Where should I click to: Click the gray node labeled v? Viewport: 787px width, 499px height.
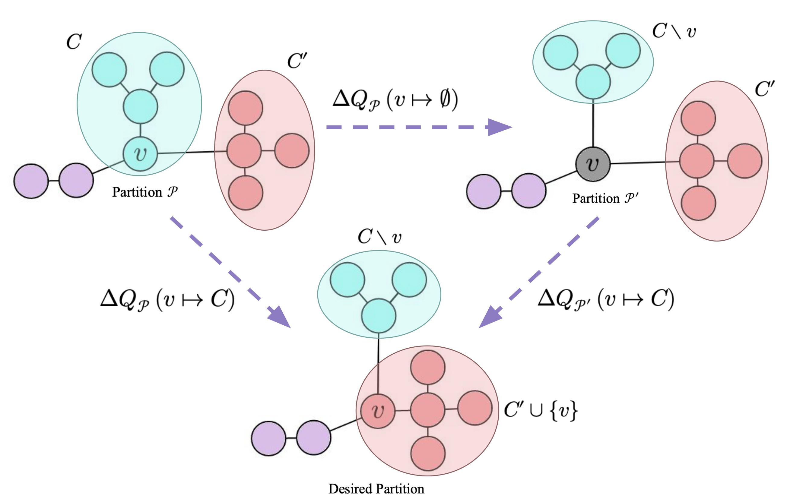coord(592,164)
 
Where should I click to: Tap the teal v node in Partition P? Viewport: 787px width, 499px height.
coord(140,153)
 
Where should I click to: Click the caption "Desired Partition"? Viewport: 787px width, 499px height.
coord(376,489)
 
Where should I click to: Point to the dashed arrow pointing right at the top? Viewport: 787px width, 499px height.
coord(418,127)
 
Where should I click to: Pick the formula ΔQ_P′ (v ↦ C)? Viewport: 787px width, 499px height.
coord(606,299)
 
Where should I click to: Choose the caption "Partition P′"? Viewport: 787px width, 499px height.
coord(605,198)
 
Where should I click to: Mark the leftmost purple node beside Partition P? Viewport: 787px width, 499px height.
coord(31,181)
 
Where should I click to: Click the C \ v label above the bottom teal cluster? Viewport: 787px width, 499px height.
coord(379,237)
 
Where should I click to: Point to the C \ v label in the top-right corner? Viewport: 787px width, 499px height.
coord(674,32)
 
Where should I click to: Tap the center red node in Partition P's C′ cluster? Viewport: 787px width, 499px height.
coord(244,151)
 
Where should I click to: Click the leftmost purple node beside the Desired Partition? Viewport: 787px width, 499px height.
coord(268,438)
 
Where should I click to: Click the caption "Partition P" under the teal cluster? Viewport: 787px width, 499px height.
coord(145,192)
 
